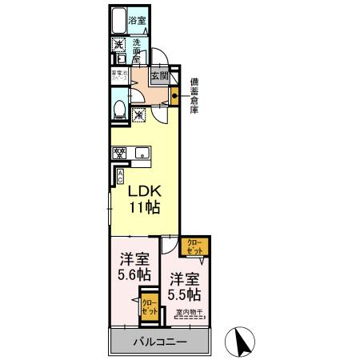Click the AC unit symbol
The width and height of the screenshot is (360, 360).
pyautogui.click(x=120, y=175)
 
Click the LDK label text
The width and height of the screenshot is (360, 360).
pyautogui.click(x=144, y=191)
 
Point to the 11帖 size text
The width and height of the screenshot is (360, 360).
pyautogui.click(x=144, y=208)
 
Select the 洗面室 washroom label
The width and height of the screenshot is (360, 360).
pyautogui.click(x=136, y=50)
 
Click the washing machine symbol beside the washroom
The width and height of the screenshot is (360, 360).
pyautogui.click(x=118, y=45)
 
